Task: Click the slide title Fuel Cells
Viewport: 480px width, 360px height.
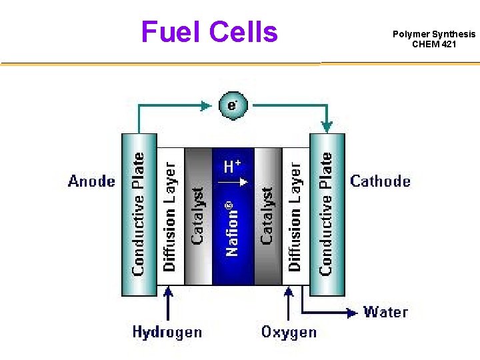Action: tap(209, 31)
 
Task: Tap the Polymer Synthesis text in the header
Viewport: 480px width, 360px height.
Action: tap(434, 34)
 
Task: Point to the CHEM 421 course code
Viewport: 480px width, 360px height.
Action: tap(434, 45)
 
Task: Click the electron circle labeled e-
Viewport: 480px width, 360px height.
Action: tap(232, 106)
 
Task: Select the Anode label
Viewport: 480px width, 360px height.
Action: tap(91, 181)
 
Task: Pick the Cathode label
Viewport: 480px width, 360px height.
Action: tap(381, 181)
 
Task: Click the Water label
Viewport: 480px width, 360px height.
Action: tap(385, 311)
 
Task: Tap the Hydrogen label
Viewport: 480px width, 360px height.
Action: tap(167, 331)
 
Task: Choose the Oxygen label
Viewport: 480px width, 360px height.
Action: tap(289, 331)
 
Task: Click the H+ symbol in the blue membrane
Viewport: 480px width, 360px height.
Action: tap(232, 166)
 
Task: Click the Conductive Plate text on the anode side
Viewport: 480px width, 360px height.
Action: tap(139, 213)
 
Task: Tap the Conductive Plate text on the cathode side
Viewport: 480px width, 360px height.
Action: tap(326, 213)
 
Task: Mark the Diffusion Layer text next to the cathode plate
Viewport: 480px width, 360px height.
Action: tap(294, 215)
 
